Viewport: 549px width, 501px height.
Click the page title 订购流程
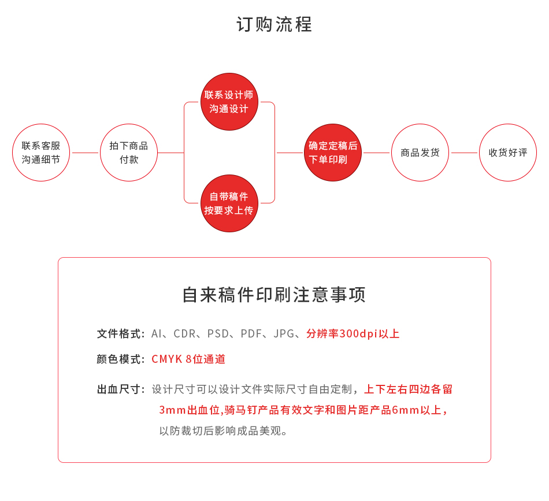[274, 24]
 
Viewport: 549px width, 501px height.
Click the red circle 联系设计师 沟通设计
[229, 102]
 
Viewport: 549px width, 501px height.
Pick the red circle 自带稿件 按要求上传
[229, 203]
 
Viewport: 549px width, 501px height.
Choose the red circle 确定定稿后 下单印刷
[333, 153]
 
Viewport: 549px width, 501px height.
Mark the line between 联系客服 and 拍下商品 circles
[85, 153]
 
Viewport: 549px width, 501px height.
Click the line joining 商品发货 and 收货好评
[464, 153]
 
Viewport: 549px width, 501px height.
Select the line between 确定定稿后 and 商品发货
[376, 153]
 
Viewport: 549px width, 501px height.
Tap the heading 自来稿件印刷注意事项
[274, 295]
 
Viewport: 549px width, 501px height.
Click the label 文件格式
[118, 333]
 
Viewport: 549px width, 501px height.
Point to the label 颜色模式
[118, 359]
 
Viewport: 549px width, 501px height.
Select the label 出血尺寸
[118, 389]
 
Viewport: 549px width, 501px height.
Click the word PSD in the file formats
[218, 333]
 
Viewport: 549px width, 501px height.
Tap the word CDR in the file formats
[184, 333]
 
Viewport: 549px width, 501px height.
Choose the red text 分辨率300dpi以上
[353, 333]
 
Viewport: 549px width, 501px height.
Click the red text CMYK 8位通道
[188, 359]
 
